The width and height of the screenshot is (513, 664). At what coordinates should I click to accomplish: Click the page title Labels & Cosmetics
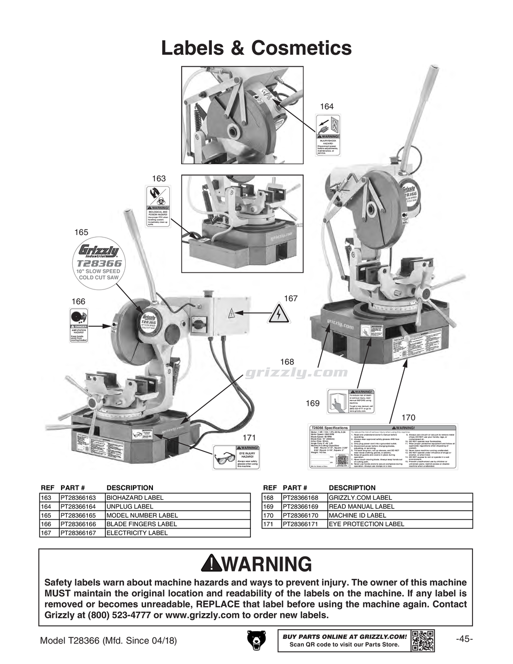[256, 48]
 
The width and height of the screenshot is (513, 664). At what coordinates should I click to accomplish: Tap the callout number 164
[327, 106]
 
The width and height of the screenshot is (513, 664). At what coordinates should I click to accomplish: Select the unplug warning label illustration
[327, 136]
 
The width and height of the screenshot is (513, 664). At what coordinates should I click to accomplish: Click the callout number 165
[81, 232]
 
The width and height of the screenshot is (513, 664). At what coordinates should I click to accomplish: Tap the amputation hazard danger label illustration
[78, 326]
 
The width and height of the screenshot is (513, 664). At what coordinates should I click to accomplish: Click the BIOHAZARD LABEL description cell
[135, 498]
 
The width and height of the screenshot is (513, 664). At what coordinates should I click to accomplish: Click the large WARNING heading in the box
[256, 564]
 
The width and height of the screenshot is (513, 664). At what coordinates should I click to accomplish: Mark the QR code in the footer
[423, 640]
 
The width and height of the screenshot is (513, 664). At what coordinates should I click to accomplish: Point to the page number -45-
[464, 639]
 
